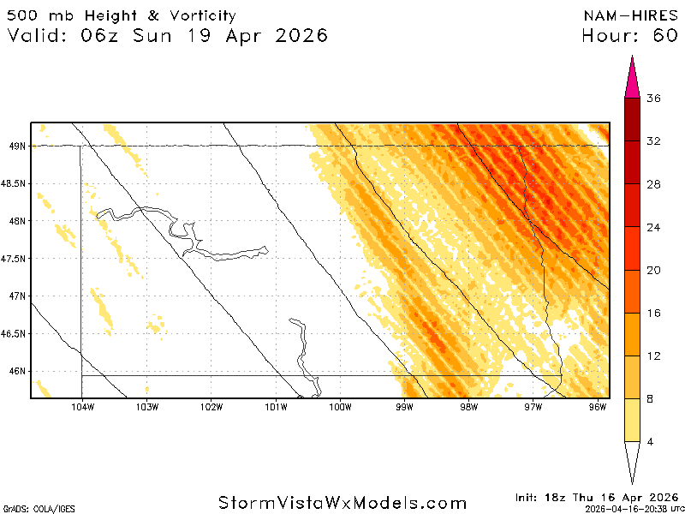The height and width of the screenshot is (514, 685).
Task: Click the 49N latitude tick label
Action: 16,146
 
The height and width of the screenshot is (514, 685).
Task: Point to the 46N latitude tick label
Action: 16,371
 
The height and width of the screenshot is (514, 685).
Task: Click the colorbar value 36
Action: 653,99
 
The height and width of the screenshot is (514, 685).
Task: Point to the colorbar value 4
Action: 653,441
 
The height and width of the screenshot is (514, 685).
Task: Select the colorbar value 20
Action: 653,270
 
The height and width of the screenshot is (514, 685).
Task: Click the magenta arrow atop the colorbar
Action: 633,77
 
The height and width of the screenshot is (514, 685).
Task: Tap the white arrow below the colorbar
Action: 633,463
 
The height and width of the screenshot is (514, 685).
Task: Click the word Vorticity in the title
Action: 198,15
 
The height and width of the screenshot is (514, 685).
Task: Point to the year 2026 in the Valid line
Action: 294,36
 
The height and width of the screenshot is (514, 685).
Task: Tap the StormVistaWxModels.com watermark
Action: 342,503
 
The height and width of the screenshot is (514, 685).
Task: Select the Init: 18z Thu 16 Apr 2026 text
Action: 596,497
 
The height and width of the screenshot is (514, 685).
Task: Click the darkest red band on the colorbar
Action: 633,119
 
